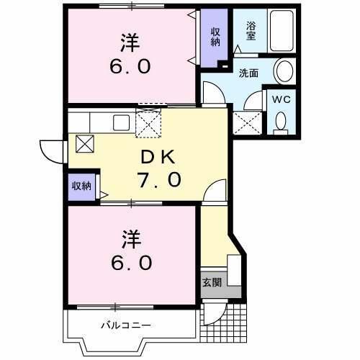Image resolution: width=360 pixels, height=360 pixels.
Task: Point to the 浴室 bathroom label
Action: point(252,30)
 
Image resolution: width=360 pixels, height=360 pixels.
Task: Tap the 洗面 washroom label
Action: point(250,73)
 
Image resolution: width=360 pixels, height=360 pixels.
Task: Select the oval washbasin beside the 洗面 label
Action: point(284,72)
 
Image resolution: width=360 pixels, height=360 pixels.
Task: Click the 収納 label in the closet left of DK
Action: point(81,186)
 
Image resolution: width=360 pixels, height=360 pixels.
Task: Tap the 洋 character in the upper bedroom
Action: point(130,43)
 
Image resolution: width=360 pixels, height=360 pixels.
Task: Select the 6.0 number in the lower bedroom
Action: point(131,263)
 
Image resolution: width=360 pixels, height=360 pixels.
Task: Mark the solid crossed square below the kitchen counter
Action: point(85,143)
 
